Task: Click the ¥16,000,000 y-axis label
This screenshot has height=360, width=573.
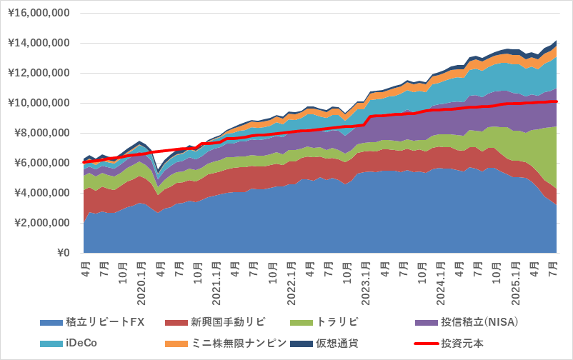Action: point(38,14)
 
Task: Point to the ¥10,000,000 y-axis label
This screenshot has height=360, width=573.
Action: point(38,104)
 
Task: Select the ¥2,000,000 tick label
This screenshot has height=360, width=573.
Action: point(41,224)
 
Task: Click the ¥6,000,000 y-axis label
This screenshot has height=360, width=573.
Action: point(41,164)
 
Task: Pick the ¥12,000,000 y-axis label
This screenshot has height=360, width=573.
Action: point(38,74)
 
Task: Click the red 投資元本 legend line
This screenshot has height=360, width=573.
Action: point(432,344)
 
